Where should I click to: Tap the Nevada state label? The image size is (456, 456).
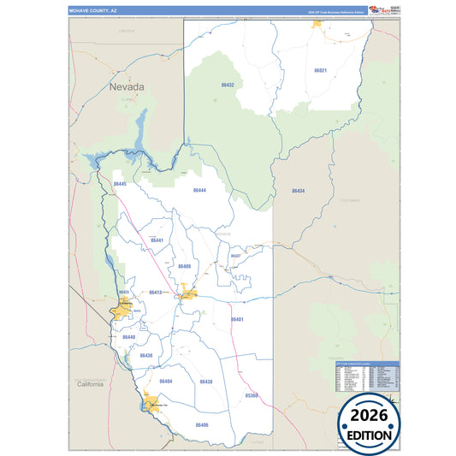(x=126, y=87)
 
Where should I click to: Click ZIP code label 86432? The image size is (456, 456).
(x=228, y=86)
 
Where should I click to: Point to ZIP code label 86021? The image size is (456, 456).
(x=321, y=70)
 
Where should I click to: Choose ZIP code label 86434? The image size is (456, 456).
(x=298, y=191)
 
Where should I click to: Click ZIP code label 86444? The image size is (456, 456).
(x=199, y=190)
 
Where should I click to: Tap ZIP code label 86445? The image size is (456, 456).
(x=120, y=184)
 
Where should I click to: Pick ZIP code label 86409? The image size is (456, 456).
(x=185, y=266)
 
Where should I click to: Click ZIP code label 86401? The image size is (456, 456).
(x=237, y=319)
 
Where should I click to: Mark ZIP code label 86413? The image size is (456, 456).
(x=155, y=293)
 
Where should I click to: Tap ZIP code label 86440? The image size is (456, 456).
(x=128, y=337)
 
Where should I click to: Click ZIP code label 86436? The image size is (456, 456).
(x=146, y=355)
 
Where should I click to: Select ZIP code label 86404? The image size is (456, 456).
(x=166, y=381)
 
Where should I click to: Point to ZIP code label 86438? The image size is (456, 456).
(x=206, y=381)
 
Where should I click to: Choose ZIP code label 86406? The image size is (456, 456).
(x=201, y=424)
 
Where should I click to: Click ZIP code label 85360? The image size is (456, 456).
(x=252, y=396)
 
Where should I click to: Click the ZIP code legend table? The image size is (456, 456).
(x=366, y=377)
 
